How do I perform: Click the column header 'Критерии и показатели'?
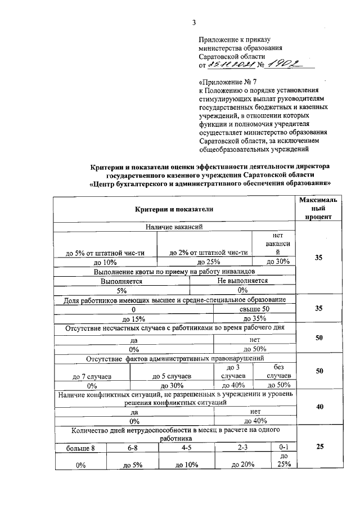[174, 209]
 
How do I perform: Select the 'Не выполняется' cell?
[242, 281]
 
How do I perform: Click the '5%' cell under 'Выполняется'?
[121, 290]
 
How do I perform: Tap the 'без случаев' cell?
[278, 371]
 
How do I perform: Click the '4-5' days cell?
[187, 448]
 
